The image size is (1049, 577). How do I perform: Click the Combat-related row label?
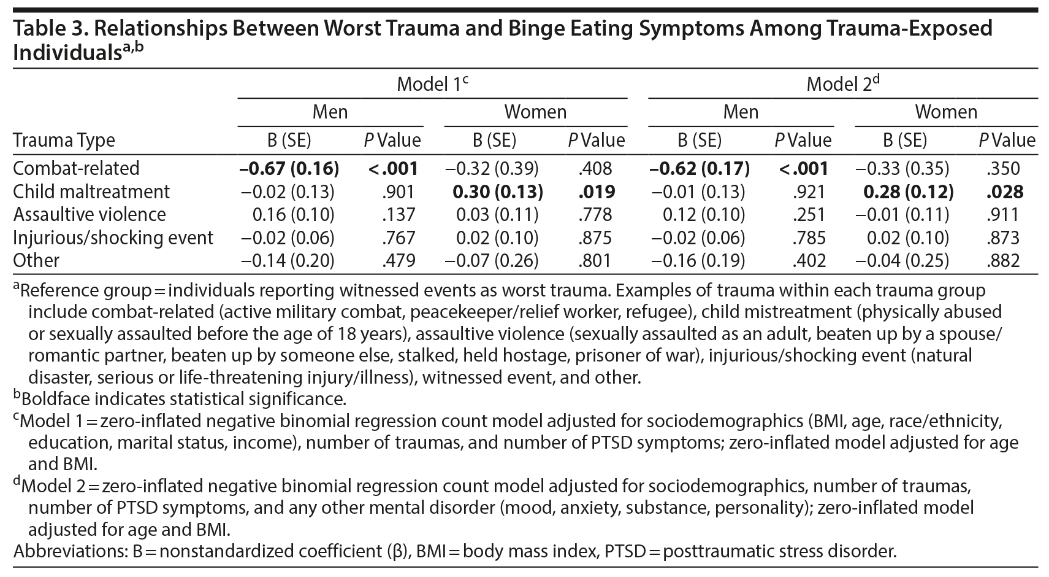click(x=76, y=168)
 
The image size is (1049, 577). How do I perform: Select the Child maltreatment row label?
click(x=91, y=192)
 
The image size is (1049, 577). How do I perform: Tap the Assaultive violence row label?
click(x=90, y=215)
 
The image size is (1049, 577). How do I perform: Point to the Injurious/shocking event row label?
click(x=113, y=238)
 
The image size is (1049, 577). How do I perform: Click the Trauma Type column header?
click(x=64, y=141)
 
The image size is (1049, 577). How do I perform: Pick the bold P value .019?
click(x=596, y=192)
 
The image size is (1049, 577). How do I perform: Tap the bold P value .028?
click(x=1005, y=192)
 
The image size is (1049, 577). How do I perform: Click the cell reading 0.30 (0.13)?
click(x=497, y=192)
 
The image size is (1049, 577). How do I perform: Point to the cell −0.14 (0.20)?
click(x=288, y=261)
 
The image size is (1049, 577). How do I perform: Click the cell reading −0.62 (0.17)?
click(x=700, y=168)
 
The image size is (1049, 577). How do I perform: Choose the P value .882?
click(x=1004, y=261)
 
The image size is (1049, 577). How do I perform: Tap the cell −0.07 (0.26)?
click(x=492, y=261)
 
